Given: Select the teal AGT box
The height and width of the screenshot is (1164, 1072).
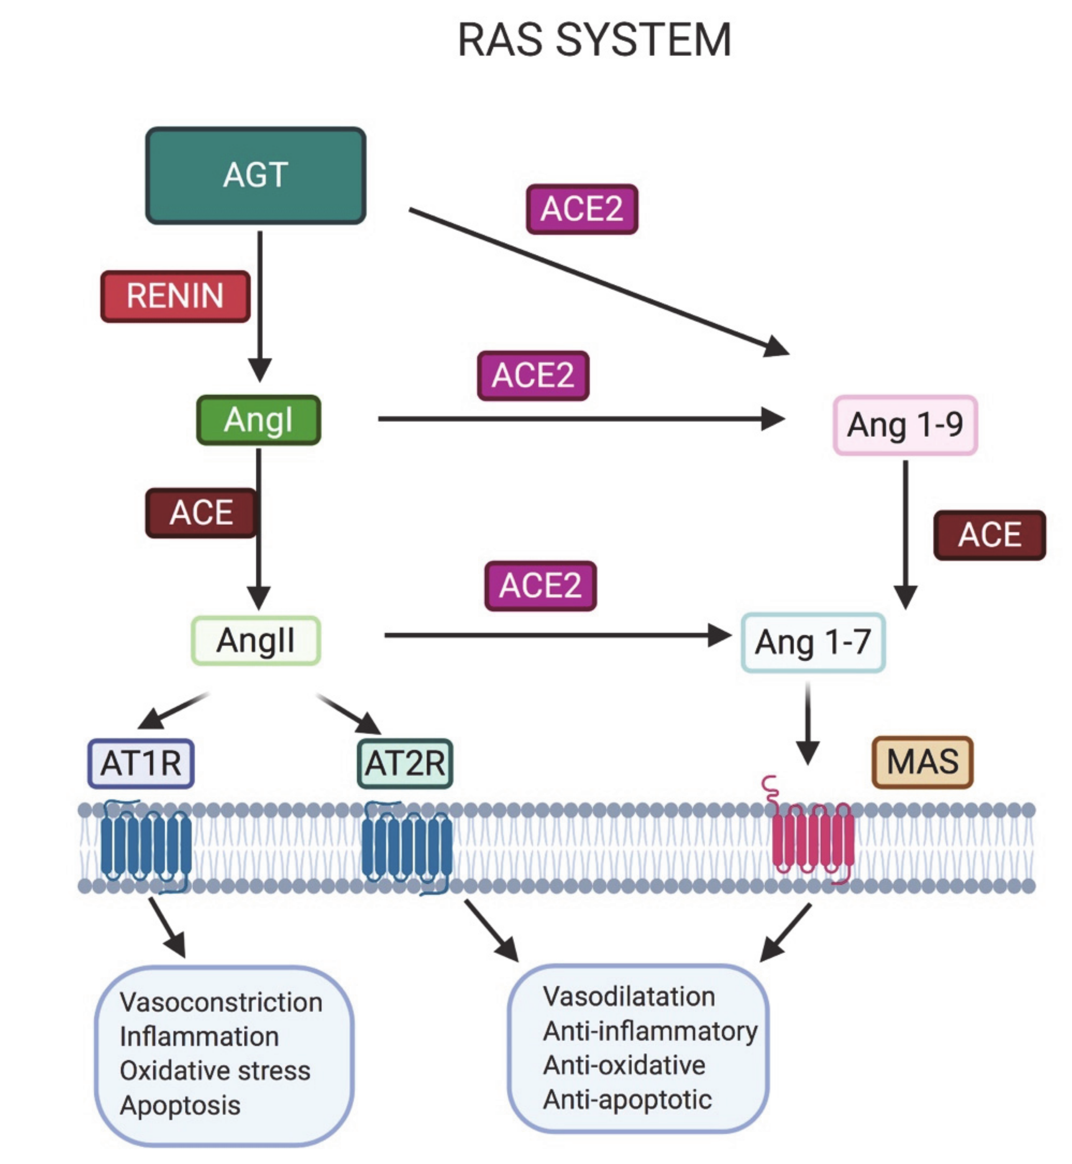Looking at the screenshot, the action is click(256, 175).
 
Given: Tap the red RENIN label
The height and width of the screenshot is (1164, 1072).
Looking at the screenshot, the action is click(175, 296).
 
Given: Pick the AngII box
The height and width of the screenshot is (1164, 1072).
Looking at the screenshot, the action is click(256, 640).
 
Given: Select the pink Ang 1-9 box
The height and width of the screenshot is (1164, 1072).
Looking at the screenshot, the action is click(905, 425).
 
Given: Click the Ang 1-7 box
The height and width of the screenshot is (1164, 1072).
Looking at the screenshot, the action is click(813, 642).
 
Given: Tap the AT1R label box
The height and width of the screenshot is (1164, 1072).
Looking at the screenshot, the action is click(141, 763).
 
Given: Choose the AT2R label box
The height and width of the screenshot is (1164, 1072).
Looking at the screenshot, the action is click(405, 763).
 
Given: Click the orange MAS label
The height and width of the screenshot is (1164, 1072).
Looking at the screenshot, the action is click(922, 762).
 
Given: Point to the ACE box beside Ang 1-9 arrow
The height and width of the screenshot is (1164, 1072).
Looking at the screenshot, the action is click(990, 535).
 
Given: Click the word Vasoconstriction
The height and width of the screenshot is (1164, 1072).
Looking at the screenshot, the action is click(221, 1002).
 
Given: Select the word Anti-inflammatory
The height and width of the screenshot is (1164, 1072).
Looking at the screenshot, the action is click(650, 1031).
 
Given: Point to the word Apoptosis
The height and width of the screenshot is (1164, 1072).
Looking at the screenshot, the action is click(180, 1105).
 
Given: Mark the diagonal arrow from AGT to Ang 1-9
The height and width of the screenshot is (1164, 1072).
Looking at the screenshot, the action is click(599, 281).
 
